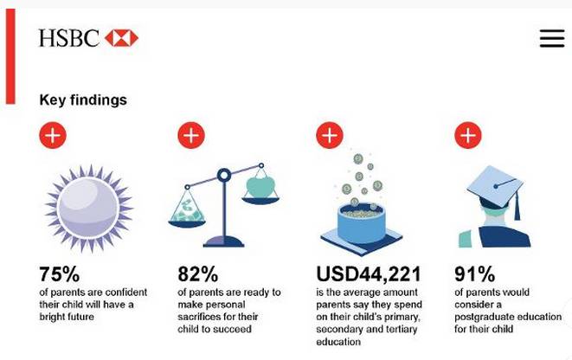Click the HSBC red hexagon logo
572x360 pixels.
coord(121,38)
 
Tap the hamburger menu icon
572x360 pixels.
coord(552,38)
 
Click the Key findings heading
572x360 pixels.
coord(83,100)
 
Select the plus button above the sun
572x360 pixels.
coord(53,135)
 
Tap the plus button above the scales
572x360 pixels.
coord(191,135)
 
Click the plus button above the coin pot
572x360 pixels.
coord(330,135)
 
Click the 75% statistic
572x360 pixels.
coord(59,274)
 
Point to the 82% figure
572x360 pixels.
coord(197,274)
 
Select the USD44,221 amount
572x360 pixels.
coord(369,274)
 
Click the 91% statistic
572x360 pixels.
coord(474,274)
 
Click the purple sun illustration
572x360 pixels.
coord(89,209)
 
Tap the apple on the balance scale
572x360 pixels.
coord(260,187)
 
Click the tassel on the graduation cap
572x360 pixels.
coord(517,205)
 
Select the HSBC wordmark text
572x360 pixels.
coord(69,38)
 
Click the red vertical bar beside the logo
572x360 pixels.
coord(10,56)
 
